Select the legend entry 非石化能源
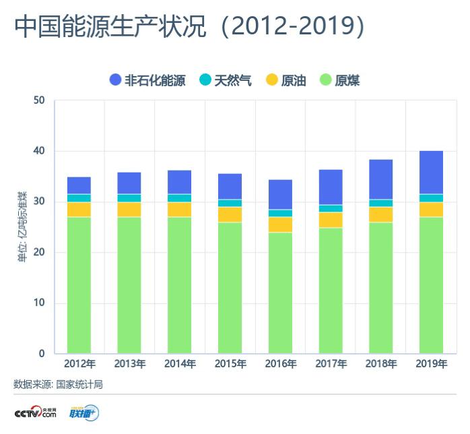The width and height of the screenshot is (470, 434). [147, 80]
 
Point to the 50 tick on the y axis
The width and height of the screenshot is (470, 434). [39, 100]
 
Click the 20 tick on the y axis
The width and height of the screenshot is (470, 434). [39, 252]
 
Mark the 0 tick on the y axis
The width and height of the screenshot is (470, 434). [42, 353]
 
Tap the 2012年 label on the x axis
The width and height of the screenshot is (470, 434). [79, 364]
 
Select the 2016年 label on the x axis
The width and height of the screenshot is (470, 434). [280, 364]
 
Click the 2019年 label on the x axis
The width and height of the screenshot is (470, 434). [431, 364]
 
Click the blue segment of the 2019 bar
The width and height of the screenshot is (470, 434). [431, 173]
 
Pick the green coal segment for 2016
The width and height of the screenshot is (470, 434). [280, 292]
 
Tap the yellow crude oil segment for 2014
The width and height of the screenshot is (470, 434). [180, 210]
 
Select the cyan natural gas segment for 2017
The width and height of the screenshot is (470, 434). [331, 208]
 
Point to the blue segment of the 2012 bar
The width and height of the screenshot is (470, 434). [79, 185]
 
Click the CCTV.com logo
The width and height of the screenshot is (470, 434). [35, 412]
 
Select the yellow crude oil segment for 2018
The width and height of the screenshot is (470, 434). [380, 214]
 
